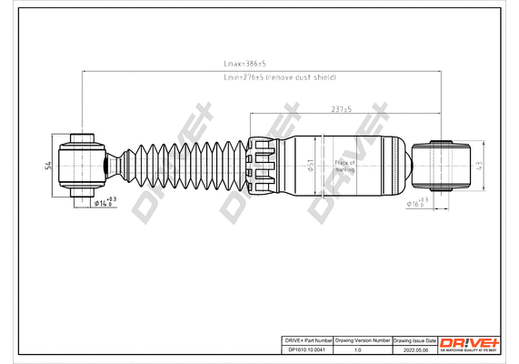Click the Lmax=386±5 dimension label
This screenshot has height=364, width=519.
point(244,65)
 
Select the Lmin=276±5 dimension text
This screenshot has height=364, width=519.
point(280,77)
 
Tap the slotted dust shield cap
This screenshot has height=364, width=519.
point(261,166)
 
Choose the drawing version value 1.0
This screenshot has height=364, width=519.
point(357,349)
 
